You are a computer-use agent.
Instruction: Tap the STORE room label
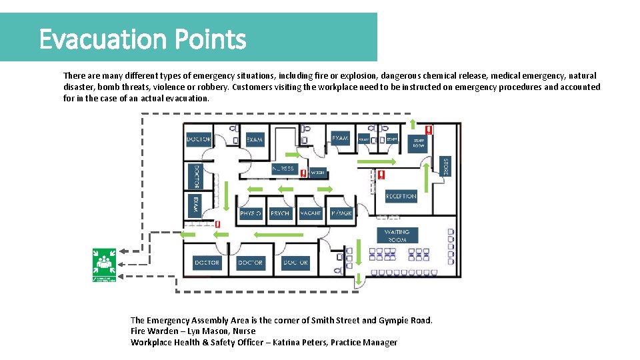(x=445, y=166)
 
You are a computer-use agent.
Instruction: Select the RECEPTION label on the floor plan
(x=401, y=196)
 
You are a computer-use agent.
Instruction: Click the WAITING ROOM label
(x=397, y=235)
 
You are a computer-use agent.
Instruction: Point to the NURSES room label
(x=283, y=169)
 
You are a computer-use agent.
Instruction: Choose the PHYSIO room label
(x=251, y=213)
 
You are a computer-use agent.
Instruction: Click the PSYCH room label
(x=280, y=213)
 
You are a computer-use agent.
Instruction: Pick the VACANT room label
(x=311, y=213)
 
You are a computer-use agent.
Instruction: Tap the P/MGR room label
(x=341, y=213)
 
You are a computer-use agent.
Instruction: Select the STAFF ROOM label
(x=418, y=143)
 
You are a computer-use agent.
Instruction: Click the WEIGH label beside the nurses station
(x=317, y=173)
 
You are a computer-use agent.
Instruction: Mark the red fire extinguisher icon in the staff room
(x=429, y=130)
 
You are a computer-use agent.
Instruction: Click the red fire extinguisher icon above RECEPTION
(x=381, y=175)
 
